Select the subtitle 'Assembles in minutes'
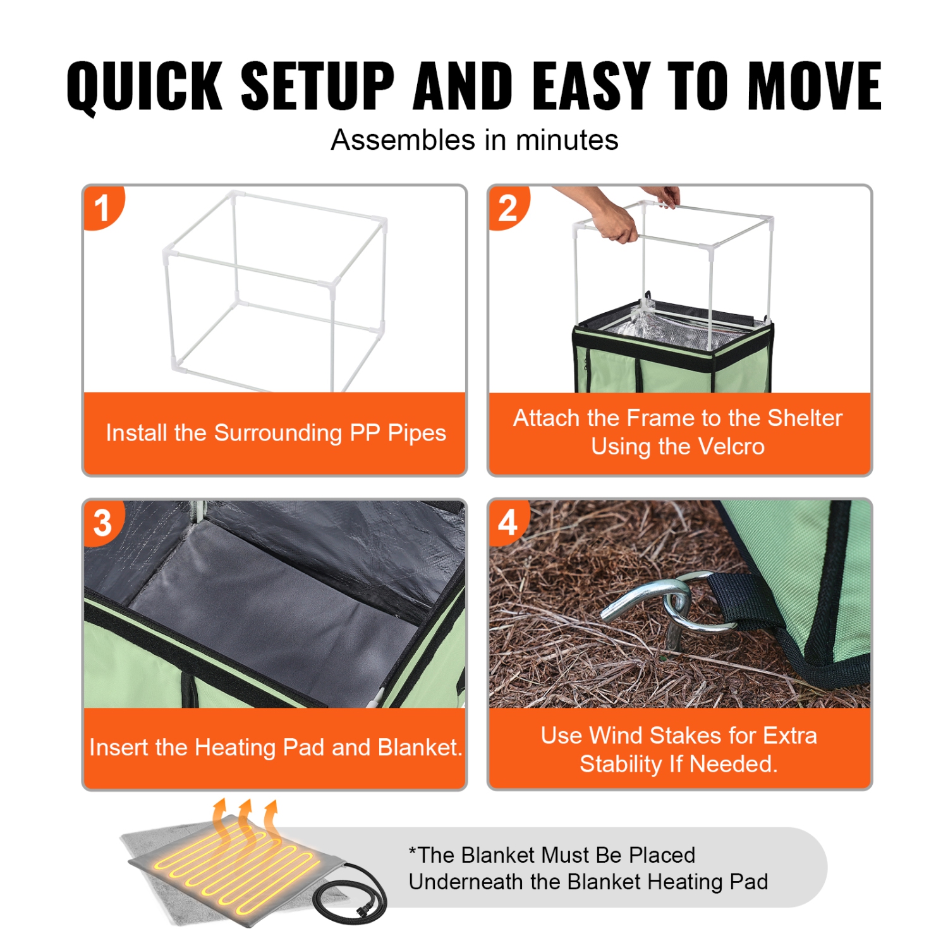474,140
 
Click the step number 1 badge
102,209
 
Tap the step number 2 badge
507,209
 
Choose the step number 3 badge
102,523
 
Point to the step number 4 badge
507,523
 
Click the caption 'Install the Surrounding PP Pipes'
276,433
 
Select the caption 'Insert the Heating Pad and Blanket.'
276,747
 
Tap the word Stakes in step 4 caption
685,736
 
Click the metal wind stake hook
657,600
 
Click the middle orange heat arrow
245,815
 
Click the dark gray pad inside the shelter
278,607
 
